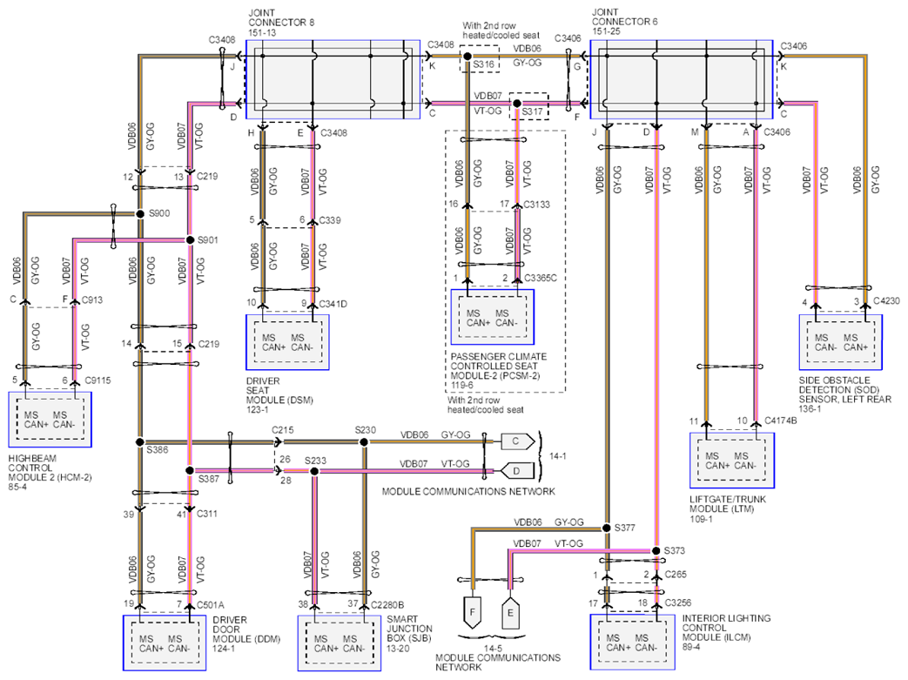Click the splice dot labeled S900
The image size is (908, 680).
[x=140, y=213]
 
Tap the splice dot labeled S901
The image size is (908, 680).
[x=190, y=239]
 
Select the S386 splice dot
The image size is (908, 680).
[x=139, y=442]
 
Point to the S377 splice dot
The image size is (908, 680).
[x=606, y=528]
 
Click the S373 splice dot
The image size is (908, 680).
[x=656, y=551]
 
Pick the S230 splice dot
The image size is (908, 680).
[x=364, y=442]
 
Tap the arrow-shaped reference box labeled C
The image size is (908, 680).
[x=517, y=441]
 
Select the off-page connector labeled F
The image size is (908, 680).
[x=473, y=613]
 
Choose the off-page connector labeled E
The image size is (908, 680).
[x=510, y=613]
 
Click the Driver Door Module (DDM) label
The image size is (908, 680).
[x=246, y=634]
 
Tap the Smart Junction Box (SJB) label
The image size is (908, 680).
[x=409, y=633]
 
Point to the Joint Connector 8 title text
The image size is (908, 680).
[x=281, y=23]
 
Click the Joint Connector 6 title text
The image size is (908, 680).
[x=624, y=22]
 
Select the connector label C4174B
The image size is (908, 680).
[x=781, y=421]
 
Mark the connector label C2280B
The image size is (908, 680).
[x=387, y=605]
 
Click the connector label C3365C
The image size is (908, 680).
[x=541, y=278]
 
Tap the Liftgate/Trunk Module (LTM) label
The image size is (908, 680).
[x=727, y=508]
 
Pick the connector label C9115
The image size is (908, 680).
[x=98, y=380]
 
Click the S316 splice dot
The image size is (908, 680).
[x=467, y=57]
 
